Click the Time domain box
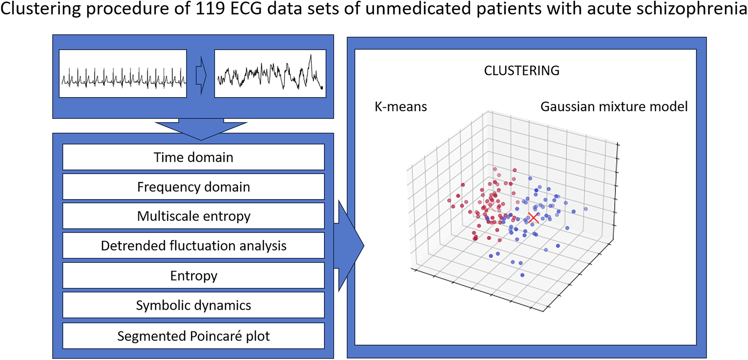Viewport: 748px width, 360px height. tap(193, 157)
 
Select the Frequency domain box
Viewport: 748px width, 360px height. tap(193, 186)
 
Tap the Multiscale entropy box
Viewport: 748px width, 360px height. tap(193, 216)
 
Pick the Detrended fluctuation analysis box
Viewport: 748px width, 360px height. tap(193, 245)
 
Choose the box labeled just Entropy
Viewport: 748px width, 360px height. tap(193, 275)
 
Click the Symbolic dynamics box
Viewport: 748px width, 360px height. tap(193, 305)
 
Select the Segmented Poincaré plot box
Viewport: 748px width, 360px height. tap(193, 336)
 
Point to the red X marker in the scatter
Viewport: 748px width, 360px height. tap(533, 218)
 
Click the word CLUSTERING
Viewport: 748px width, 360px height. tap(521, 71)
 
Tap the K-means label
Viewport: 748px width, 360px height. tap(401, 106)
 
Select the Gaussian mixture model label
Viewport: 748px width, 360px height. tap(614, 106)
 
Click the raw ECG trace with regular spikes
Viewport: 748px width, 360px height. tap(123, 74)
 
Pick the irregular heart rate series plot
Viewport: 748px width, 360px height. tap(270, 74)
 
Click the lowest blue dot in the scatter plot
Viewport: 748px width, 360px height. tap(522, 275)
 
